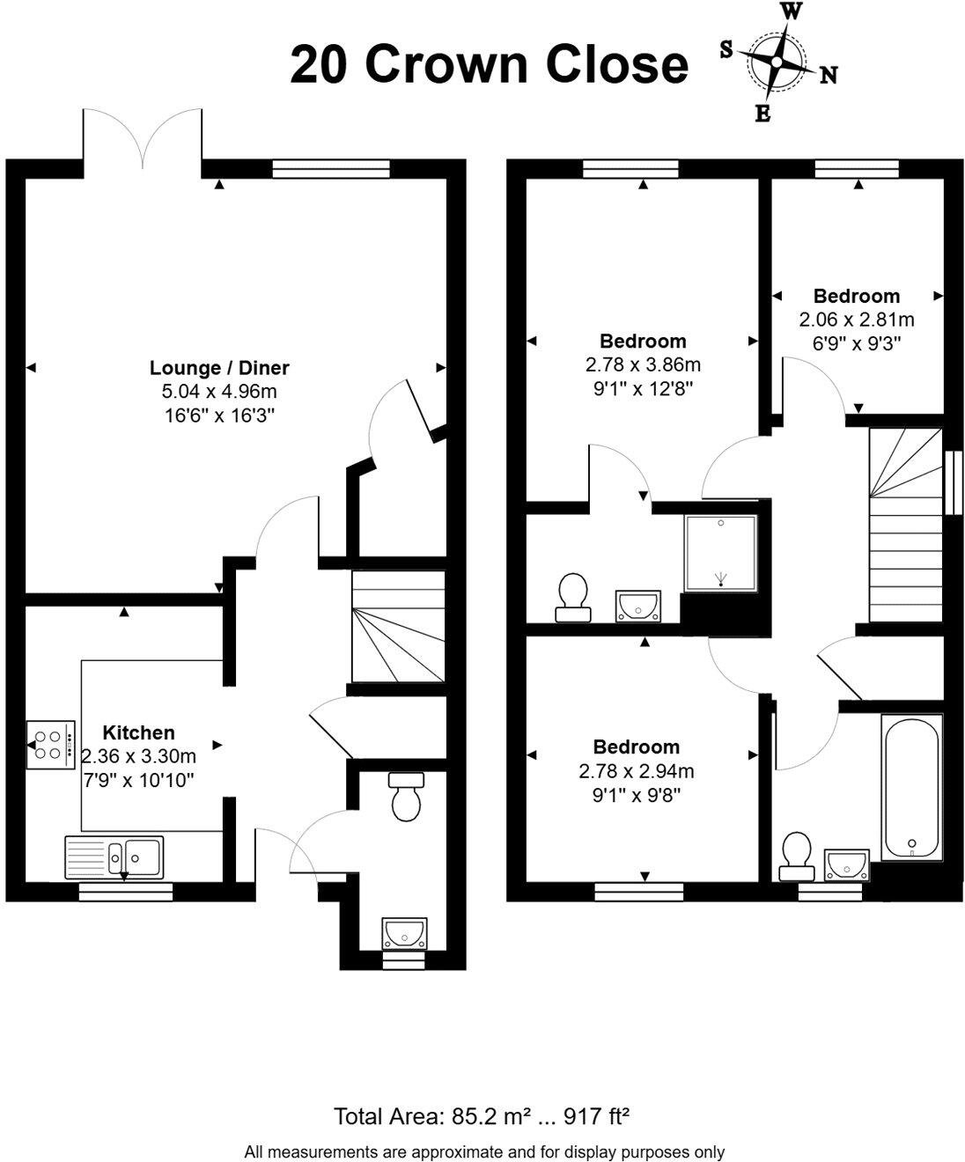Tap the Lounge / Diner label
coord(219,368)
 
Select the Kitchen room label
coord(138,732)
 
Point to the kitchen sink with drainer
coord(114,857)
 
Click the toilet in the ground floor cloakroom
coord(406,797)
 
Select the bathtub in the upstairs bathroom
coord(911,786)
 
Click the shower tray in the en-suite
coord(720,553)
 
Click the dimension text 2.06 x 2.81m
coord(856,320)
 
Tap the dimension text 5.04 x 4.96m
coord(219,392)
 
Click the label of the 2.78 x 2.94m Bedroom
coord(636,746)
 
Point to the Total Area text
coord(482,1117)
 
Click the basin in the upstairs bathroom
coord(846,864)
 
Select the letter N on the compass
coord(829,76)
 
